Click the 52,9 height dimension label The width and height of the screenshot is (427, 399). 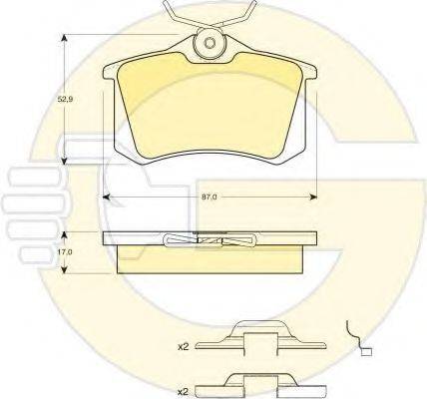pos(65,99)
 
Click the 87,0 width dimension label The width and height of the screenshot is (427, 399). pos(210,197)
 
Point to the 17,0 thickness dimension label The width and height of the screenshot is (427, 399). pos(65,252)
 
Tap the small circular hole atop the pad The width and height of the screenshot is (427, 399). pos(210,43)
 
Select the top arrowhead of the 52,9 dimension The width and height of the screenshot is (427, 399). pos(65,38)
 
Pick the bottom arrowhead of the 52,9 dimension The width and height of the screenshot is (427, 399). pos(65,161)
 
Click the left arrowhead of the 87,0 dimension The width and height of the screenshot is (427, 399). pos(107,198)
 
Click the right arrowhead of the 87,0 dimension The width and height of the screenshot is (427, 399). pos(313,198)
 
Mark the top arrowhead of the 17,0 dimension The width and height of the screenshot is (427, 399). pos(65,235)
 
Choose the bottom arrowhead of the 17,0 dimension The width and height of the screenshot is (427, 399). pos(65,269)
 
